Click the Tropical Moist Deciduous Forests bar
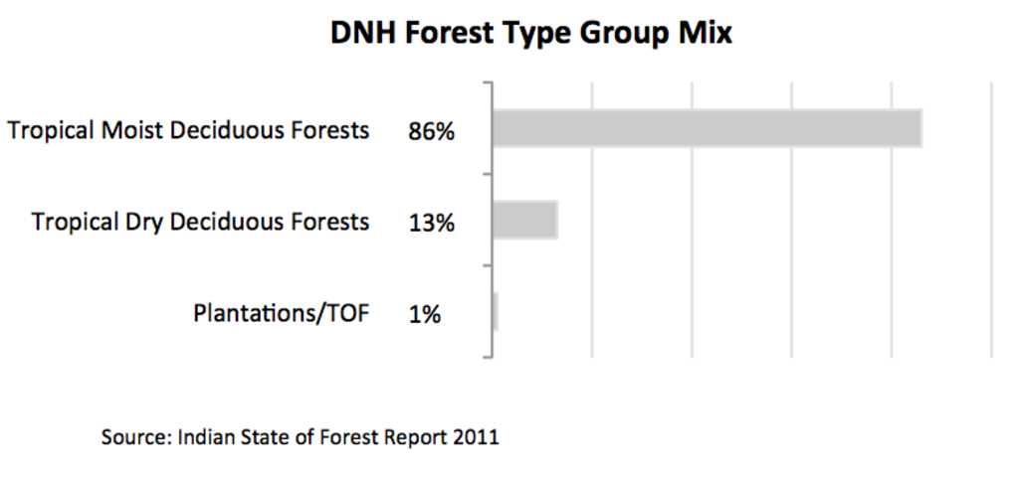point(707,128)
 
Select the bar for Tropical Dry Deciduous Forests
point(524,220)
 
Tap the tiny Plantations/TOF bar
point(495,311)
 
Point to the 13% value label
point(432,224)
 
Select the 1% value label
point(425,315)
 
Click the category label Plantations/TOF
point(282,314)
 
